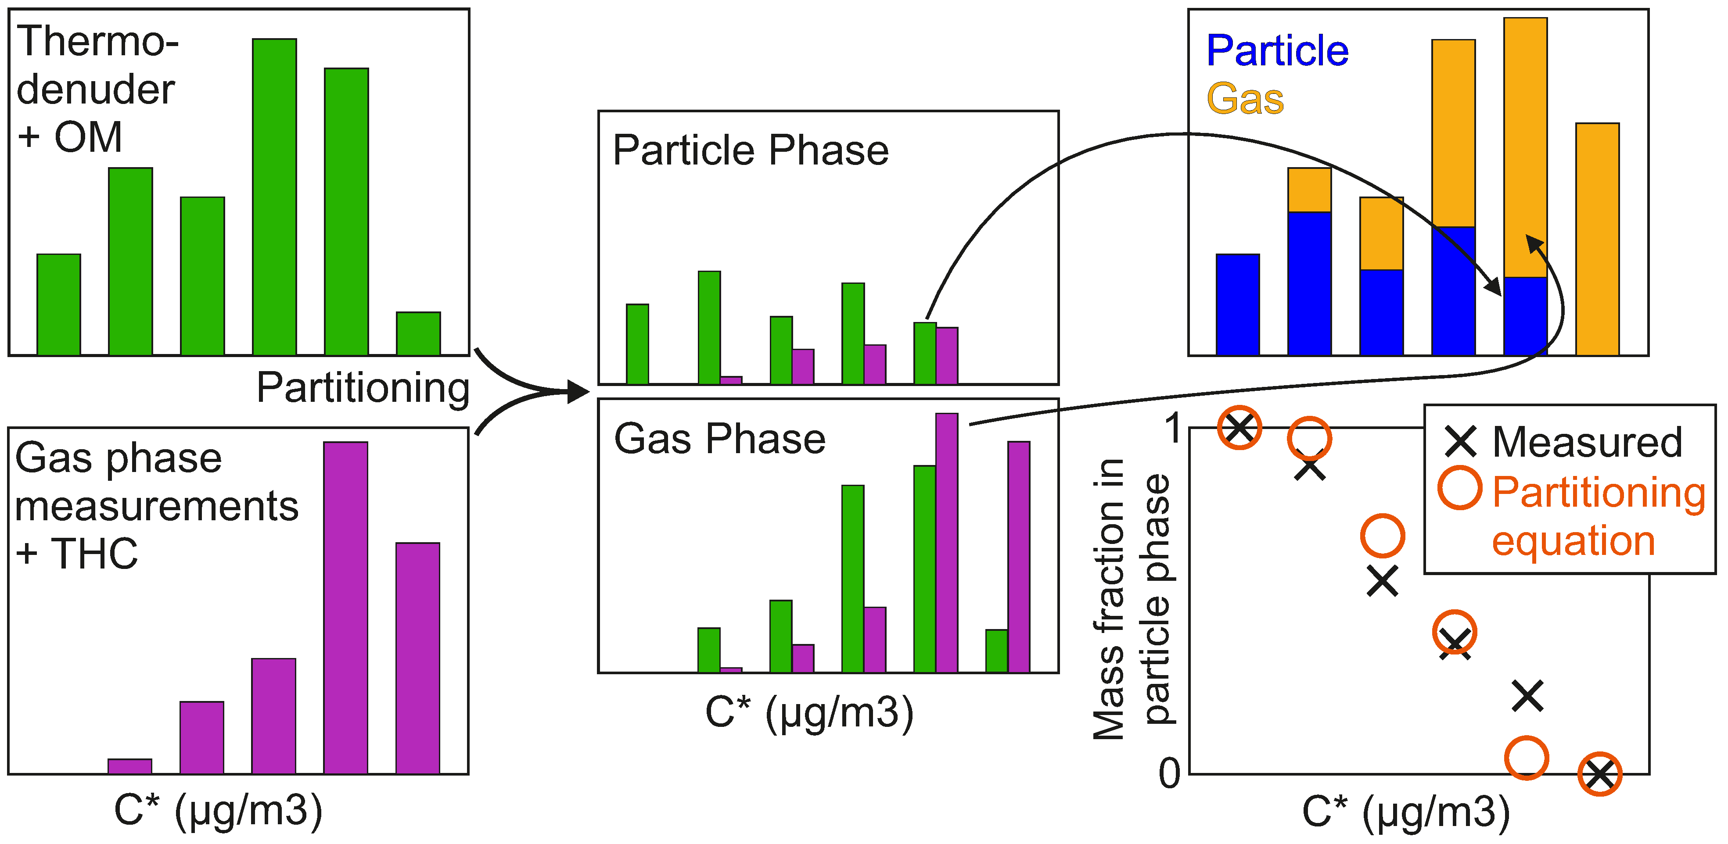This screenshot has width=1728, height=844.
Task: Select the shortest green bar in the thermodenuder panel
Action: [418, 333]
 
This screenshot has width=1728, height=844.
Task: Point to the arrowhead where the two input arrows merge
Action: [577, 391]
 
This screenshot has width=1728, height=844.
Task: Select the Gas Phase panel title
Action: [720, 439]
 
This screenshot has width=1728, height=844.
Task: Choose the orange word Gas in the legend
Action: [1245, 99]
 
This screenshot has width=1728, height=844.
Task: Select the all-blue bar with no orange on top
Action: [1238, 304]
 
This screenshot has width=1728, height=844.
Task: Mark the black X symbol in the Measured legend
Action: [1460, 441]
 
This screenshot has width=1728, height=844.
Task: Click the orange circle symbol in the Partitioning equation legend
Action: [1460, 487]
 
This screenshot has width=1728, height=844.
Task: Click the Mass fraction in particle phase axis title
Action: [1131, 600]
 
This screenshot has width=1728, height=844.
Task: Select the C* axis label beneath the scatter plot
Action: [1406, 812]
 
